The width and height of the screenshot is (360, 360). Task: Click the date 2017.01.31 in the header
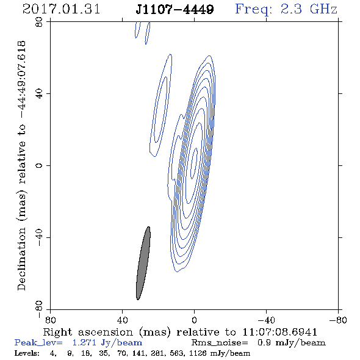pyautogui.click(x=61, y=9)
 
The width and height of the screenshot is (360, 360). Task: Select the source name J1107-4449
pyautogui.click(x=175, y=10)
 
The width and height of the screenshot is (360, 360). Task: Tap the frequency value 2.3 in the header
pyautogui.click(x=291, y=9)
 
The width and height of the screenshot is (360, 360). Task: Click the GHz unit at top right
pyautogui.click(x=324, y=9)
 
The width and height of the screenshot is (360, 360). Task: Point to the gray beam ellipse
pyautogui.click(x=143, y=263)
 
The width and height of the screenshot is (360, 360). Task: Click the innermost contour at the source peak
pyautogui.click(x=194, y=164)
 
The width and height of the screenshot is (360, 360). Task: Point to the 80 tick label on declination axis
pyautogui.click(x=39, y=22)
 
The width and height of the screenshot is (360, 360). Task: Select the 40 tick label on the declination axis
pyautogui.click(x=39, y=94)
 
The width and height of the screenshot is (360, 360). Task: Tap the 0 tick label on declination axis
pyautogui.click(x=39, y=165)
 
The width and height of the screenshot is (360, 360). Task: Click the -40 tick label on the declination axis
pyautogui.click(x=39, y=237)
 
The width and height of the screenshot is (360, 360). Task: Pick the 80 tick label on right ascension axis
pyautogui.click(x=50, y=320)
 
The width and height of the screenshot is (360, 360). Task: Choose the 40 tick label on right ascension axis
pyautogui.click(x=122, y=320)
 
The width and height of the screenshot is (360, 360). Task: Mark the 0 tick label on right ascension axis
pyautogui.click(x=194, y=320)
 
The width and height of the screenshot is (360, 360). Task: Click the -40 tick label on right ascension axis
pyautogui.click(x=266, y=320)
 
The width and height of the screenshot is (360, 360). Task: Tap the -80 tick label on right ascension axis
pyautogui.click(x=338, y=320)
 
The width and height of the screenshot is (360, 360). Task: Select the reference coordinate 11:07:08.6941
pyautogui.click(x=279, y=332)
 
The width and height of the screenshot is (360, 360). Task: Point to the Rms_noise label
pyautogui.click(x=220, y=343)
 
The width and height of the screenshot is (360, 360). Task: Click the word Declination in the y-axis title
pyautogui.click(x=21, y=259)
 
